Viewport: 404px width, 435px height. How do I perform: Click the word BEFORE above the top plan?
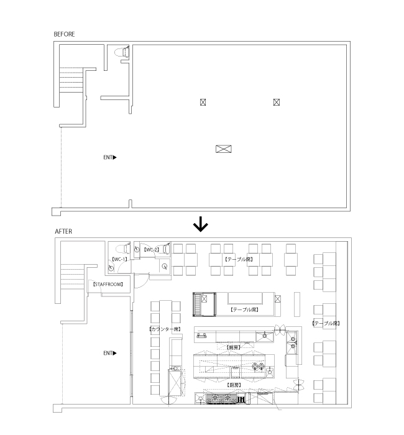tap(64, 34)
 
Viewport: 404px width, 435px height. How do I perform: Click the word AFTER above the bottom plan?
tap(63, 231)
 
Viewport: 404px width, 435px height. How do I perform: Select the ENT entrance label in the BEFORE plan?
tap(109, 157)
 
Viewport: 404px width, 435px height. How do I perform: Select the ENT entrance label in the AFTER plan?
tap(109, 353)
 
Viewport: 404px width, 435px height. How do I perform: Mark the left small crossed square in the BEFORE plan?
tap(203, 102)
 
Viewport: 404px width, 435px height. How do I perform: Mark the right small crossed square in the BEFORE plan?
tap(276, 102)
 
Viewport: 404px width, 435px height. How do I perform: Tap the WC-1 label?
tap(119, 259)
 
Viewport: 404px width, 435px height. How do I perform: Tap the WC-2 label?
tap(152, 249)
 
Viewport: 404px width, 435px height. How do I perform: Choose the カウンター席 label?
tap(164, 329)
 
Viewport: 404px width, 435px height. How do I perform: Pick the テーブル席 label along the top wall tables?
tap(238, 259)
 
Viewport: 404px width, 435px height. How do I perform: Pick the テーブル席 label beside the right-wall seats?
tap(326, 323)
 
